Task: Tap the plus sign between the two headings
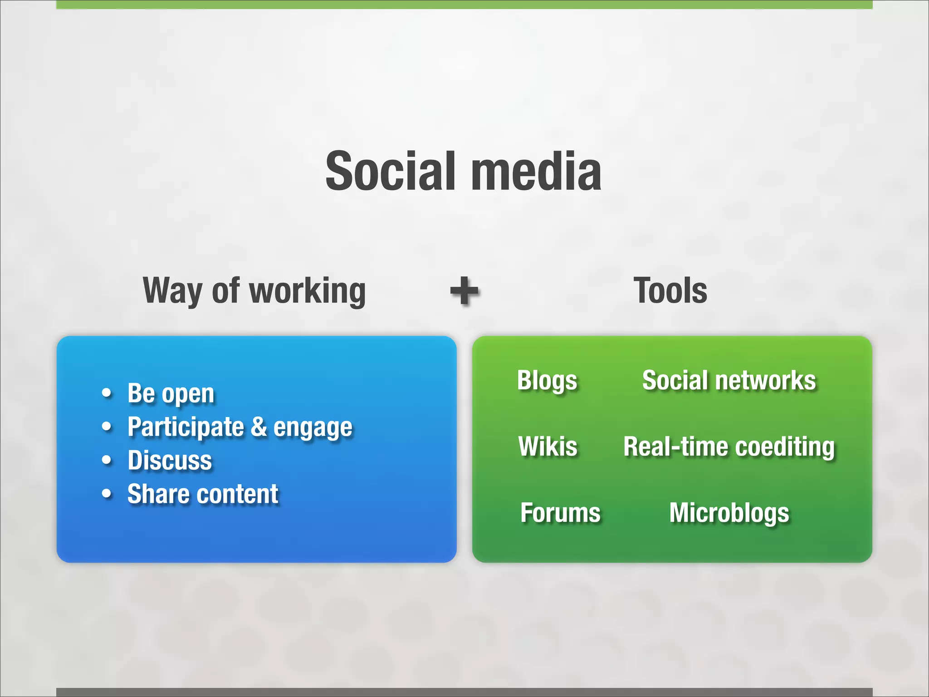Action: pos(464,291)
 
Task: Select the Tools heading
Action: pos(670,290)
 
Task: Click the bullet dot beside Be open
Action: pos(107,393)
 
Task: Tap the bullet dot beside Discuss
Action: pos(107,460)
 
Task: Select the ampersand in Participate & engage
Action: pos(259,427)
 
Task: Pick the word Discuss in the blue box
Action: pos(170,460)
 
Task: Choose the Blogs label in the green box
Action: pos(547,381)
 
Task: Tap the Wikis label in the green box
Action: pos(548,446)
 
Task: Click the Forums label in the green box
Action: pos(560,513)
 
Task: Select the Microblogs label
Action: pos(729,513)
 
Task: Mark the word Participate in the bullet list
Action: pos(186,427)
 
